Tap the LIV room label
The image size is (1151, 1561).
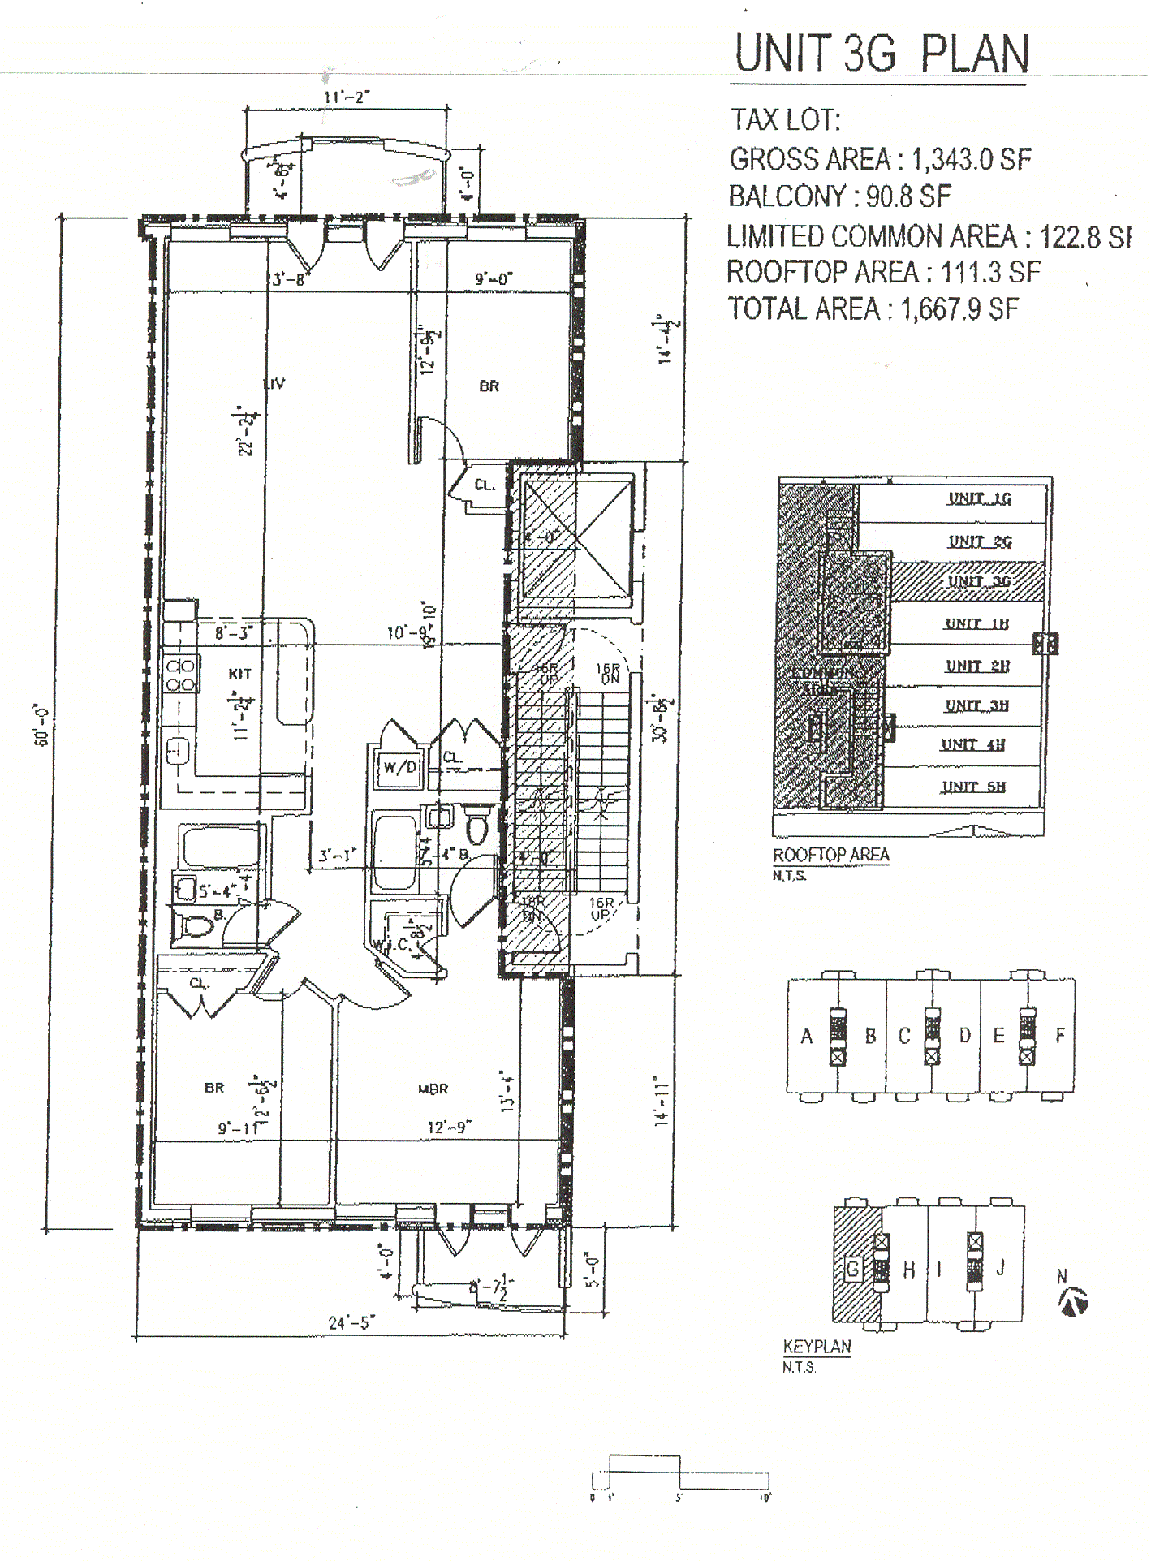pyautogui.click(x=274, y=383)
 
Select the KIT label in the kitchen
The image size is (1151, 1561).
pyautogui.click(x=240, y=674)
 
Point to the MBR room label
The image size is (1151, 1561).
pyautogui.click(x=433, y=1089)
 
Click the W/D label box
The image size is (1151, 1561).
pyautogui.click(x=400, y=767)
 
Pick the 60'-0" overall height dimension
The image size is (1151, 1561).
pyautogui.click(x=43, y=725)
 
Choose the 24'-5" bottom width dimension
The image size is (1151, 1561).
pyautogui.click(x=351, y=1322)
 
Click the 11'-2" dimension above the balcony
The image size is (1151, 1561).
pyautogui.click(x=347, y=97)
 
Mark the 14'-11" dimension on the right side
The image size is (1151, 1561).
pyautogui.click(x=662, y=1102)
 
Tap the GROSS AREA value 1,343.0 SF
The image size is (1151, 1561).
pyautogui.click(x=971, y=160)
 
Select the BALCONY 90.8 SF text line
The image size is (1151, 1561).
pyautogui.click(x=839, y=196)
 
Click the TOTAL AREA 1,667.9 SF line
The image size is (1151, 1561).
pyautogui.click(x=873, y=309)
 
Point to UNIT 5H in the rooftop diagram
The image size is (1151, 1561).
pyautogui.click(x=973, y=787)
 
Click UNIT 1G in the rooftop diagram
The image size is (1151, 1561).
pyautogui.click(x=979, y=498)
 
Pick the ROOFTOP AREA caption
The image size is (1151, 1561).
pyautogui.click(x=830, y=855)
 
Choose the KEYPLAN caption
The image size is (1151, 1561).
pyautogui.click(x=817, y=1347)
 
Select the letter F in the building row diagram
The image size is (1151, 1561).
pyautogui.click(x=1059, y=1036)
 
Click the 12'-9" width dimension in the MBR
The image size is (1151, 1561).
pyautogui.click(x=449, y=1128)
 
